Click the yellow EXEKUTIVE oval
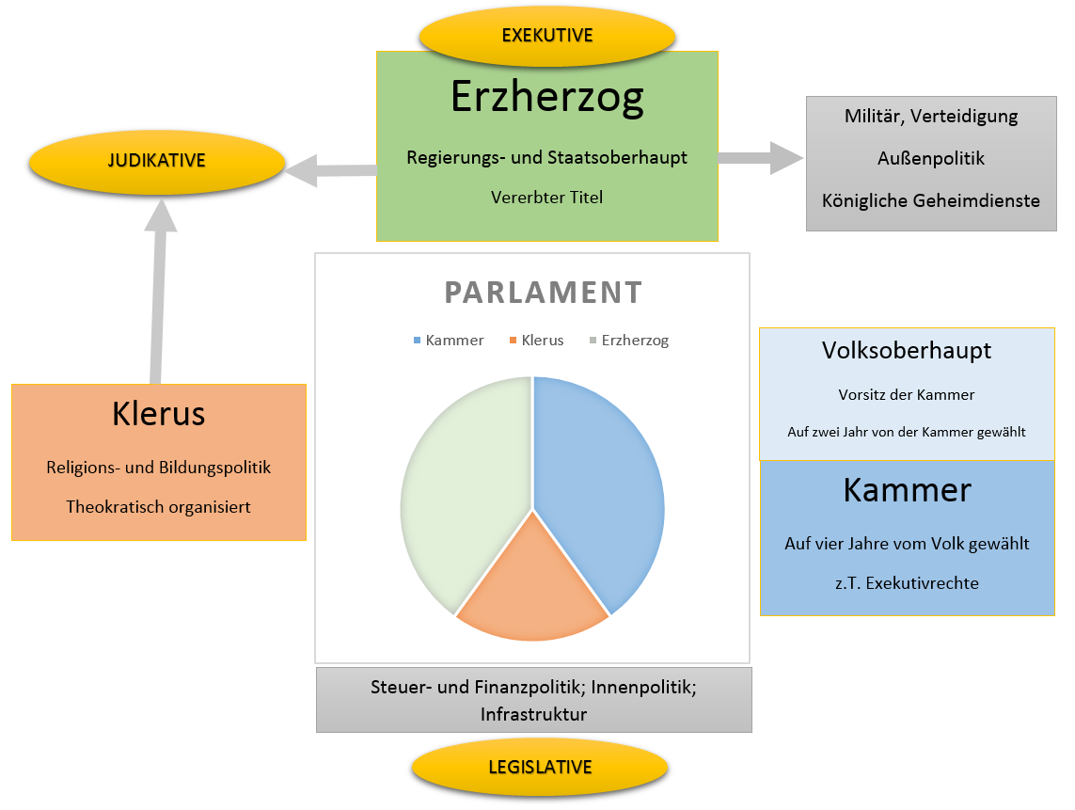pos(547,36)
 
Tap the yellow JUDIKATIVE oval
pos(157,161)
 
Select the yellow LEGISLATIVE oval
pos(540,767)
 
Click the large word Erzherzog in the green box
pos(547,96)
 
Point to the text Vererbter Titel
pos(546,198)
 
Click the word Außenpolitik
pos(931,158)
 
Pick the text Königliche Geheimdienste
pos(931,200)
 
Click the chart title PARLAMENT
pos(544,293)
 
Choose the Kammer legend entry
pos(449,341)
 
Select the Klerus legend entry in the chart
pos(535,341)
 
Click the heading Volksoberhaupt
pos(907,351)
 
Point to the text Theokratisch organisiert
pos(159,507)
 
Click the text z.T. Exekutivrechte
pos(907,583)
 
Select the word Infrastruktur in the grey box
pos(533,714)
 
